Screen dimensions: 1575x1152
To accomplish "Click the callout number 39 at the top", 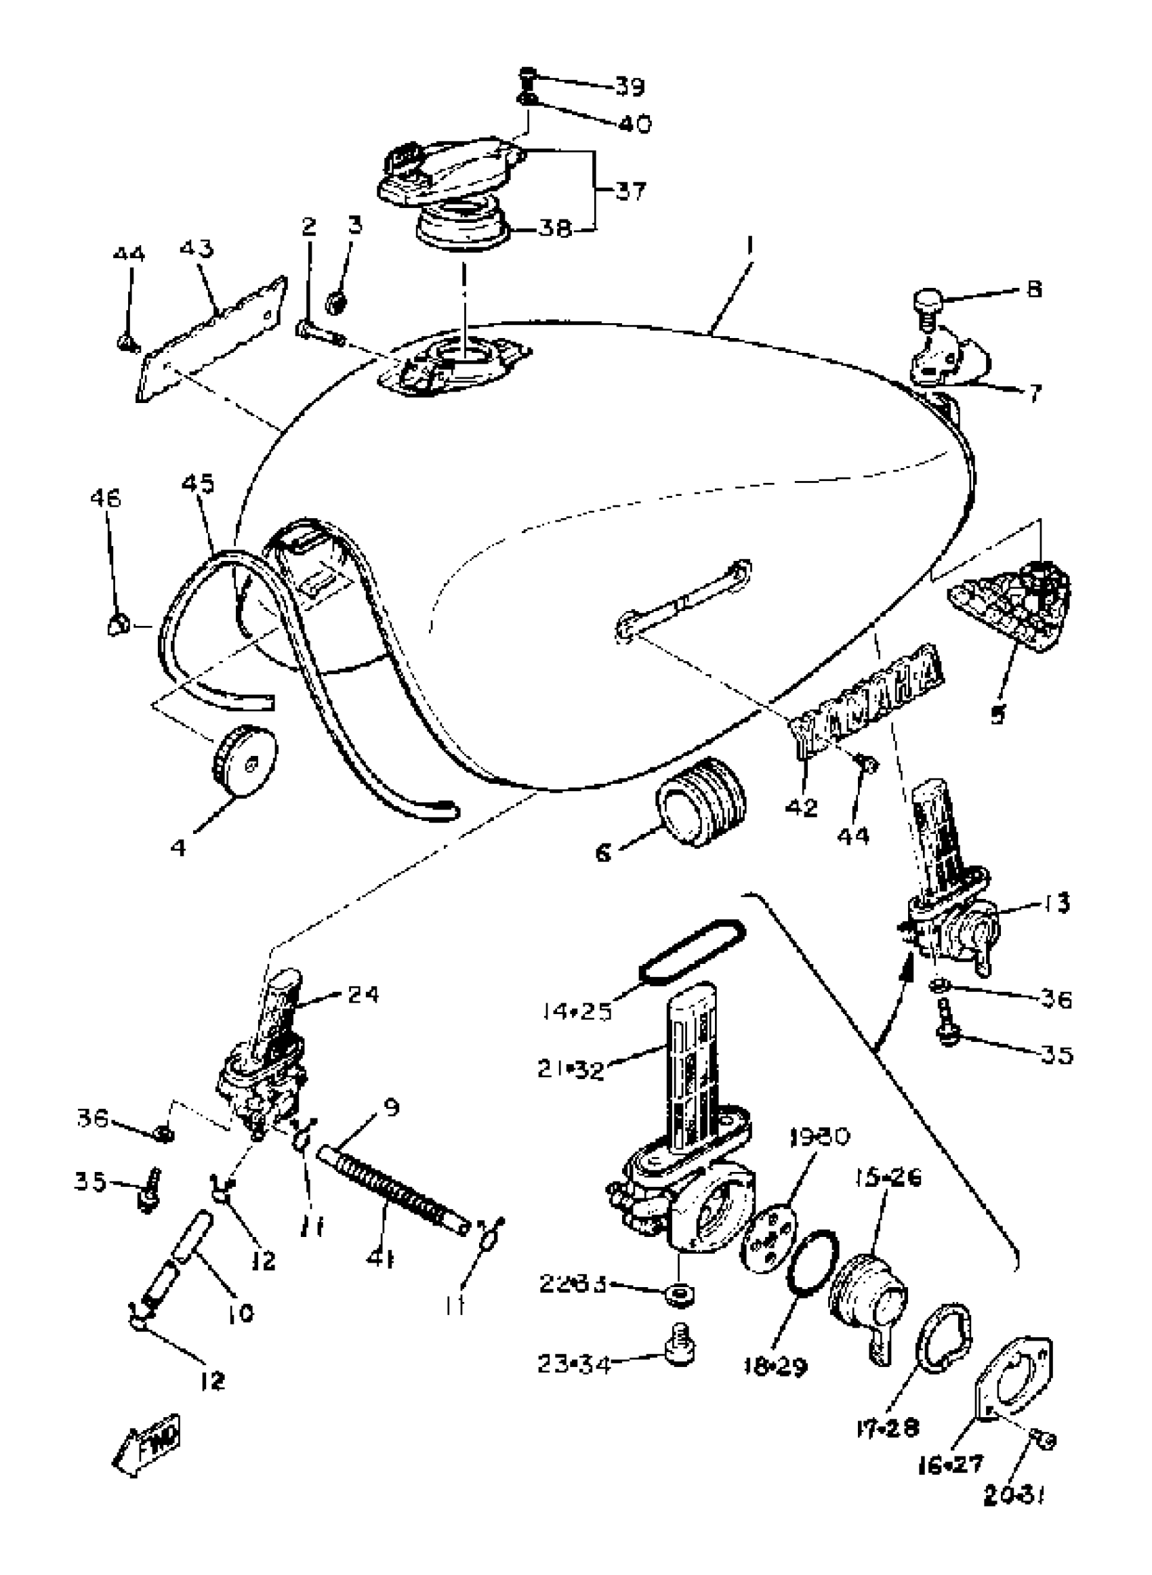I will pos(629,87).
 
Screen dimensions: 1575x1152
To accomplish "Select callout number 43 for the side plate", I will pos(197,249).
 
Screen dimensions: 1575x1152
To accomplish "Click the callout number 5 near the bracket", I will pos(998,714).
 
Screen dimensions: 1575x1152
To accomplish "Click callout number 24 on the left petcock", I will pos(363,994).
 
